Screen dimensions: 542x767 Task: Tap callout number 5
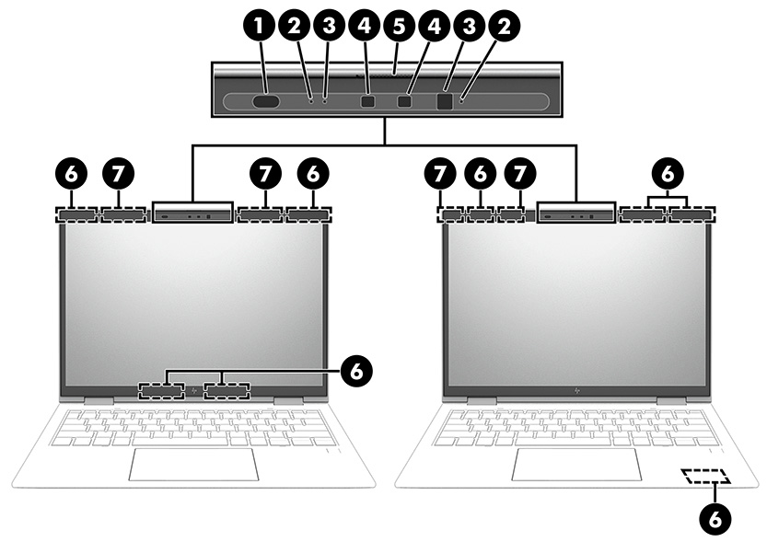pyautogui.click(x=398, y=27)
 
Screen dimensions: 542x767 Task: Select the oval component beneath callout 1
pyautogui.click(x=265, y=102)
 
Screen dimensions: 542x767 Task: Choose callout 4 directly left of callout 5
pyautogui.click(x=365, y=27)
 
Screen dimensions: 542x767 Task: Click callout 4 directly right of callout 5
pyautogui.click(x=431, y=27)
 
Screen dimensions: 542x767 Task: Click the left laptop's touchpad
pyautogui.click(x=193, y=466)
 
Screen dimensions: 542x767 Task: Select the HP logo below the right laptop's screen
pyautogui.click(x=576, y=391)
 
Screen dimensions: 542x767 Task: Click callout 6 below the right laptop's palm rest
pyautogui.click(x=715, y=517)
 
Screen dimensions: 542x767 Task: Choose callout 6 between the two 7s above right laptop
pyautogui.click(x=480, y=172)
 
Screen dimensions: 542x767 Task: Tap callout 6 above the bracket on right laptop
pyautogui.click(x=668, y=172)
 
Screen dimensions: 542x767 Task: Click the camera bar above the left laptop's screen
pyautogui.click(x=192, y=214)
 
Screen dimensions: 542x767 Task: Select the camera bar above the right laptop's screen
pyautogui.click(x=575, y=214)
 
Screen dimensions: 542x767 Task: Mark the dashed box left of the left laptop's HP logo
pyautogui.click(x=162, y=392)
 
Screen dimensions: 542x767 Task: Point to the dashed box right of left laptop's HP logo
pyautogui.click(x=227, y=392)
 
